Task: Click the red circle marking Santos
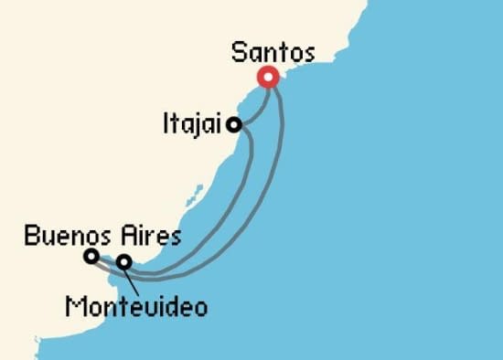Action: [x=268, y=78]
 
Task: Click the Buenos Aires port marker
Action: [x=91, y=257]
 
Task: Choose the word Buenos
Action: [x=60, y=237]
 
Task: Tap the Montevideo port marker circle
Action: [x=123, y=263]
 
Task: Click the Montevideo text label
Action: [x=136, y=306]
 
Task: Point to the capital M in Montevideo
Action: [x=75, y=306]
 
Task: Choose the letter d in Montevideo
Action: [x=176, y=306]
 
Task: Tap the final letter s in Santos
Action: [x=308, y=54]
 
